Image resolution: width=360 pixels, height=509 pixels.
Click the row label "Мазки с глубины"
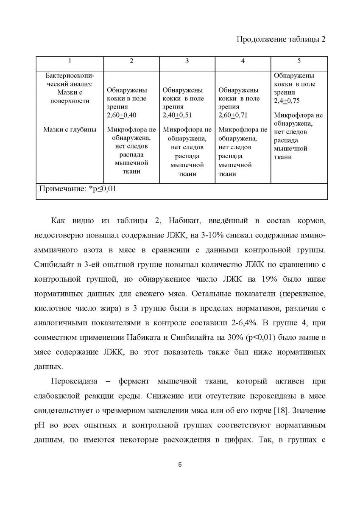(x=70, y=130)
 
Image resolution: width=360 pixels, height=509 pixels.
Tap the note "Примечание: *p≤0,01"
(x=77, y=189)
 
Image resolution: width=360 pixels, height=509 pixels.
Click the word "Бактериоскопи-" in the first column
(x=70, y=76)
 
